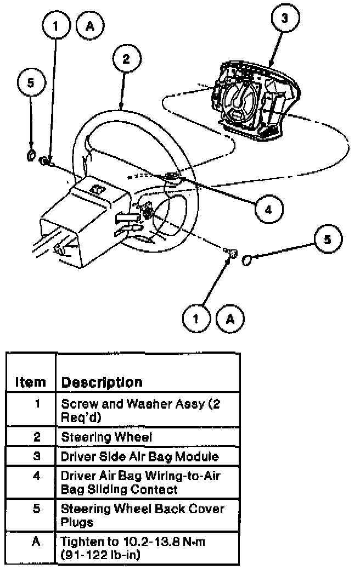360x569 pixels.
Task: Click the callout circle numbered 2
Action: click(126, 59)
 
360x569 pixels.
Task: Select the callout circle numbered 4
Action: click(268, 209)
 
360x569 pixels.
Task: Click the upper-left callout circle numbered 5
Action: click(31, 82)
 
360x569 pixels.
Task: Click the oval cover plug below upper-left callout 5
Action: click(31, 155)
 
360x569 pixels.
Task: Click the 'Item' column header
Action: click(30, 382)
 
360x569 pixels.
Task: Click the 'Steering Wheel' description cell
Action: click(106, 437)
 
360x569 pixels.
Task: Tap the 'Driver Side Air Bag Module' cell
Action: click(139, 456)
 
